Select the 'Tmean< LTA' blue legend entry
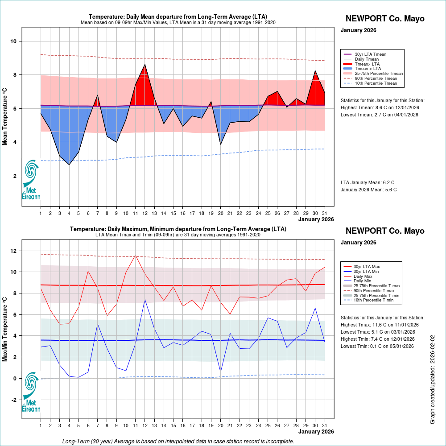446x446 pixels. (368, 69)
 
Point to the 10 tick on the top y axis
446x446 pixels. (14, 41)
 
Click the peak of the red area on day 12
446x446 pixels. (145, 64)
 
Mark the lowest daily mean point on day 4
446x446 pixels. (69, 165)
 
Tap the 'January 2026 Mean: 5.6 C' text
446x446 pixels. (368, 190)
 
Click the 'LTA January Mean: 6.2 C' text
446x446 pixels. (368, 182)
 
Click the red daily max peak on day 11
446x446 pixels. (135, 255)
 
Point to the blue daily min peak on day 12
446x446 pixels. (145, 300)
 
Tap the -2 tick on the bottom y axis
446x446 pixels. (14, 400)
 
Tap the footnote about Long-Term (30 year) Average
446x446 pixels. (178, 442)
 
